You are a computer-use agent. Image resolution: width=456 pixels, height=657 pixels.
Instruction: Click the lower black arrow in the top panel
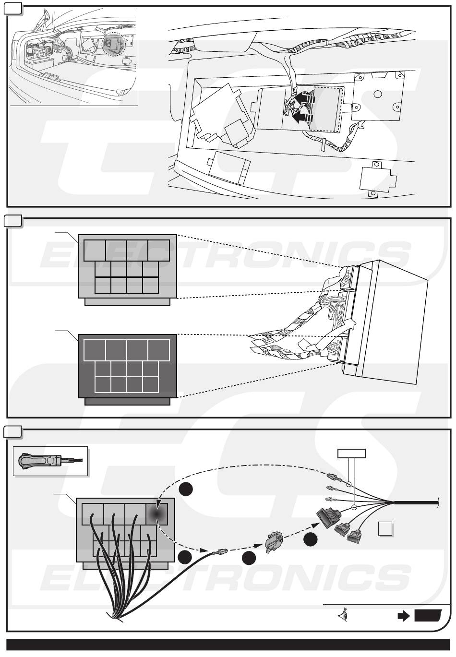[302, 117]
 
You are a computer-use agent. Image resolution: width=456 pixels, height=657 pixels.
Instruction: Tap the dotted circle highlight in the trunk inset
[113, 44]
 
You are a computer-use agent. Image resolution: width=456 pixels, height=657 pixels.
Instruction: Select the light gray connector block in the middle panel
[127, 266]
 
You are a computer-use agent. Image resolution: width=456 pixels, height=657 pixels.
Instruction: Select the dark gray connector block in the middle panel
[127, 366]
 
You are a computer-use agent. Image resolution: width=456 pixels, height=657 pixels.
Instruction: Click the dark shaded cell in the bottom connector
[156, 513]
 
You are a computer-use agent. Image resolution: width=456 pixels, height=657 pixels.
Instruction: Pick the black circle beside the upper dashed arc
[186, 489]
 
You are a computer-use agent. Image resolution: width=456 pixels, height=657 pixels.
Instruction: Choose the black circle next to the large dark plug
[311, 539]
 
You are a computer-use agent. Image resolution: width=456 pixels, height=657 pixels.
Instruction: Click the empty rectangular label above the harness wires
[351, 454]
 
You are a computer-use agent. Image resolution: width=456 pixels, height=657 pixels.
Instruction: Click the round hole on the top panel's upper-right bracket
[378, 94]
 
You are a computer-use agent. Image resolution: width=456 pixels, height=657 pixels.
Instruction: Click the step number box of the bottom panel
[12, 432]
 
